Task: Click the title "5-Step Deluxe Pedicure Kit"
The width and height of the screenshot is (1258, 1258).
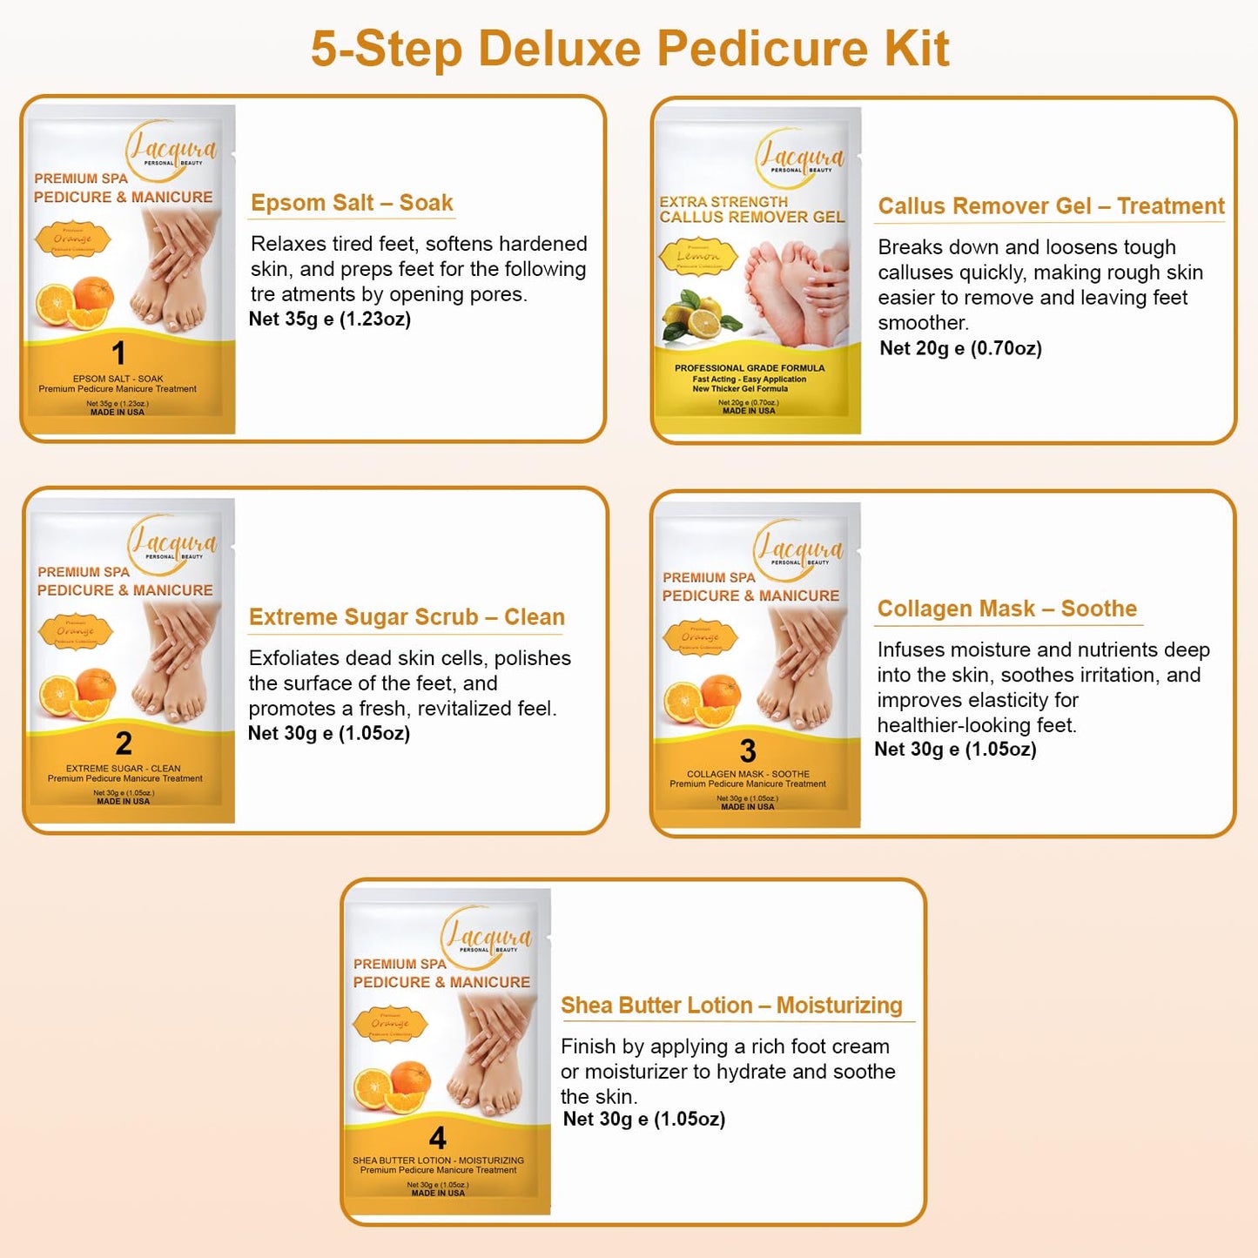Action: point(629,49)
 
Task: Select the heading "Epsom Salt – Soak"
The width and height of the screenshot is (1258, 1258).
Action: point(352,203)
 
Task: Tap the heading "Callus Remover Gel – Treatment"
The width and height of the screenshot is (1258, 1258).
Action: point(1051,206)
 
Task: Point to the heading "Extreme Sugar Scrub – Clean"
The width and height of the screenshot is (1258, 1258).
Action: point(407,617)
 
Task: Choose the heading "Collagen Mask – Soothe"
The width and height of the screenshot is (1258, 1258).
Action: point(1007,609)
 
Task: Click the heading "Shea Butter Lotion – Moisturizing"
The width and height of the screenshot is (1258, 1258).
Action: point(731,1006)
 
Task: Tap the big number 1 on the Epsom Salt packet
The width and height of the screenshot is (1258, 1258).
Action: point(119,353)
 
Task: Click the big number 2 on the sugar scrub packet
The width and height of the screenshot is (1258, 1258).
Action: point(124,743)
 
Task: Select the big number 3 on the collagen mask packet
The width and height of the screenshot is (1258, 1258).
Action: point(748,750)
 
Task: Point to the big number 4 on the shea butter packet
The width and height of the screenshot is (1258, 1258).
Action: point(438,1138)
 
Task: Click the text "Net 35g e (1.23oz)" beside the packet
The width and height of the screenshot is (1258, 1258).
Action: point(330,320)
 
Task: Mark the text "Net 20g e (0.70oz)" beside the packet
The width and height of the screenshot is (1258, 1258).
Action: point(960,348)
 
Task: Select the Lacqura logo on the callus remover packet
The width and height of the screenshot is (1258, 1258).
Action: point(798,158)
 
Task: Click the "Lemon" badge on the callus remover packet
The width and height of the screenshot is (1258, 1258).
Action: point(698,257)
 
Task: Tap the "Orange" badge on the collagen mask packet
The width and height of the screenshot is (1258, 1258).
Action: point(701,637)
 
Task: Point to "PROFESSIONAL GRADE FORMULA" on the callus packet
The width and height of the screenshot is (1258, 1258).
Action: point(749,368)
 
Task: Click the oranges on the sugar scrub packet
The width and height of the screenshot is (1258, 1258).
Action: point(78,694)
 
